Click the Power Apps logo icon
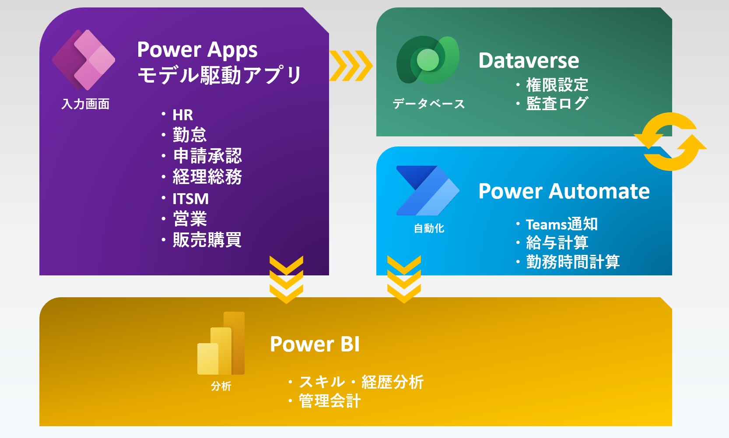pos(84,60)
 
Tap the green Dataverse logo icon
pos(428,60)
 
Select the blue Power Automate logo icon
pos(428,191)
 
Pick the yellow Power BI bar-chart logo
pos(221,343)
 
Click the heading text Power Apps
pos(197,50)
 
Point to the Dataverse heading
pos(529,60)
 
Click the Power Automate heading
pos(564,191)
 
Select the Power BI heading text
pos(315,344)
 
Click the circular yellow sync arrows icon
pos(670,142)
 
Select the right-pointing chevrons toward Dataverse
pos(351,66)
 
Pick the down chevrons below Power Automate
pos(404,279)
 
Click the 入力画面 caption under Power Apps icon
pos(85,104)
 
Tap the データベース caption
pos(429,104)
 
